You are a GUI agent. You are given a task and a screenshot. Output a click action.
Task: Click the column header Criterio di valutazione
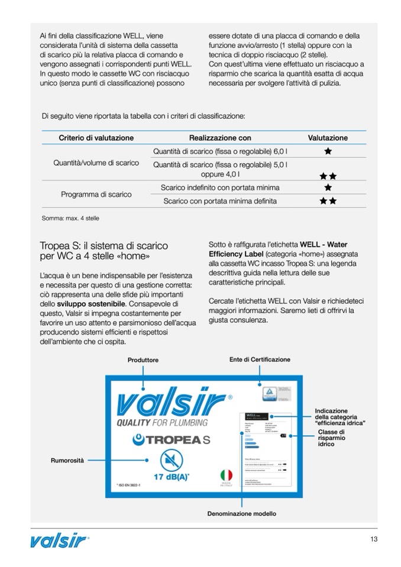click(96, 138)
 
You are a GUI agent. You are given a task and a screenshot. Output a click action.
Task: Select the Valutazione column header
click(328, 138)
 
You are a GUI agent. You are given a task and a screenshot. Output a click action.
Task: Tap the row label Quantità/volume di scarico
click(96, 163)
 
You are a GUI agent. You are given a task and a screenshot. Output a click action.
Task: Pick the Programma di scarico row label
click(96, 194)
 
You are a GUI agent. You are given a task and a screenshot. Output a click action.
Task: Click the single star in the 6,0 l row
click(328, 151)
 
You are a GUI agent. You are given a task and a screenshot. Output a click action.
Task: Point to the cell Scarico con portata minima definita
click(220, 201)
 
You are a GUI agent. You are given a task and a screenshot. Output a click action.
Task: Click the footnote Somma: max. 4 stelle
click(70, 218)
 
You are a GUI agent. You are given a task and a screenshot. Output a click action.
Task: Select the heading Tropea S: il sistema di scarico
click(104, 245)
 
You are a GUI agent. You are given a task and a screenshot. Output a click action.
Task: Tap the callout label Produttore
click(143, 360)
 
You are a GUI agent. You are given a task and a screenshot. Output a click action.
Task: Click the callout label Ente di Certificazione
click(260, 359)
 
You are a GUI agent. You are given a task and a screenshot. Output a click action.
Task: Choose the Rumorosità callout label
click(67, 459)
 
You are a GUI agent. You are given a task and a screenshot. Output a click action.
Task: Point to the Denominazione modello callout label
click(241, 514)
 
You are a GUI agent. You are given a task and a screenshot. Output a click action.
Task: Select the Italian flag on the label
click(226, 475)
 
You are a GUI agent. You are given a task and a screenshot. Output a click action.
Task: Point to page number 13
click(373, 539)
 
